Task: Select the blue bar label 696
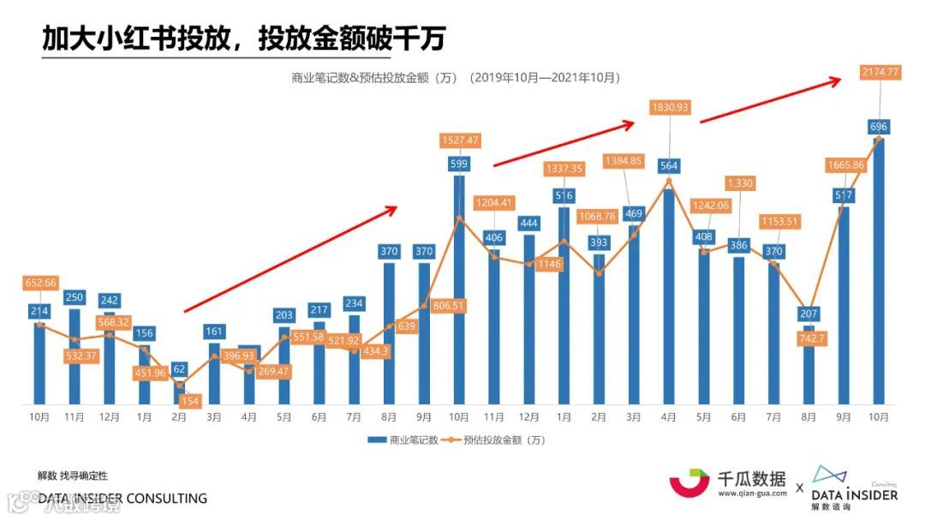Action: pyautogui.click(x=878, y=127)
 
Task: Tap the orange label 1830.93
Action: pyautogui.click(x=670, y=108)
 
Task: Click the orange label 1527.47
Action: pyautogui.click(x=460, y=140)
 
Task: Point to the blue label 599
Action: pyautogui.click(x=460, y=164)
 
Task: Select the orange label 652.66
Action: pyautogui.click(x=39, y=284)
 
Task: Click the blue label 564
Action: pyautogui.click(x=670, y=166)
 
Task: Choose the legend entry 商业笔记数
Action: pyautogui.click(x=403, y=439)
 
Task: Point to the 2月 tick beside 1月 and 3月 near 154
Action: pyautogui.click(x=179, y=417)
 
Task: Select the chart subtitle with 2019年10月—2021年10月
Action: pyautogui.click(x=455, y=77)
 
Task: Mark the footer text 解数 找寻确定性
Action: pyautogui.click(x=73, y=475)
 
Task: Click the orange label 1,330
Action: pyautogui.click(x=740, y=183)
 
